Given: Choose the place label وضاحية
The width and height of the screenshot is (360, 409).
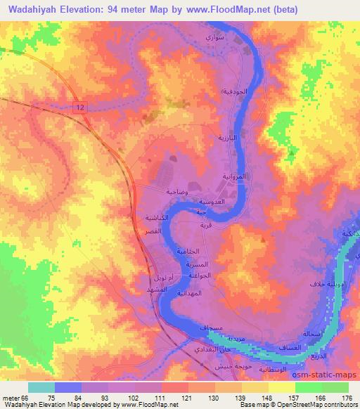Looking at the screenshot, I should click(176, 191).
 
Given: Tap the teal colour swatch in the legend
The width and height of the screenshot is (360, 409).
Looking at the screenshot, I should click(41, 387).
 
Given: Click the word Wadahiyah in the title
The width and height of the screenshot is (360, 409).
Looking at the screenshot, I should click(41, 9).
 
